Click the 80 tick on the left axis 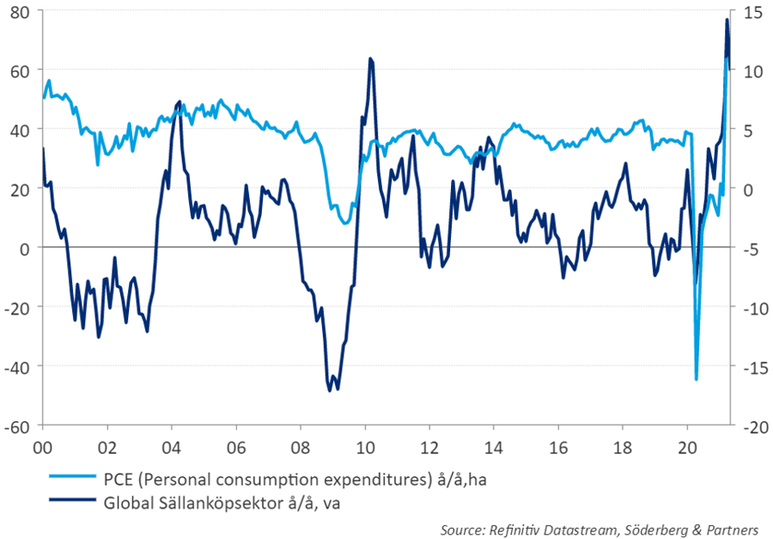pyautogui.click(x=20, y=12)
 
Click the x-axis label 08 pyautogui.click(x=301, y=448)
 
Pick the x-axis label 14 pyautogui.click(x=494, y=448)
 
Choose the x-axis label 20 pyautogui.click(x=687, y=448)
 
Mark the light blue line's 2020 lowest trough pyautogui.click(x=696, y=378)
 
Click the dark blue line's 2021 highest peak pyautogui.click(x=727, y=19)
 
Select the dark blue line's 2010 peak pyautogui.click(x=370, y=58)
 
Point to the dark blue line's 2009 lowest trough pyautogui.click(x=330, y=390)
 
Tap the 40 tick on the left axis pyautogui.click(x=20, y=130)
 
